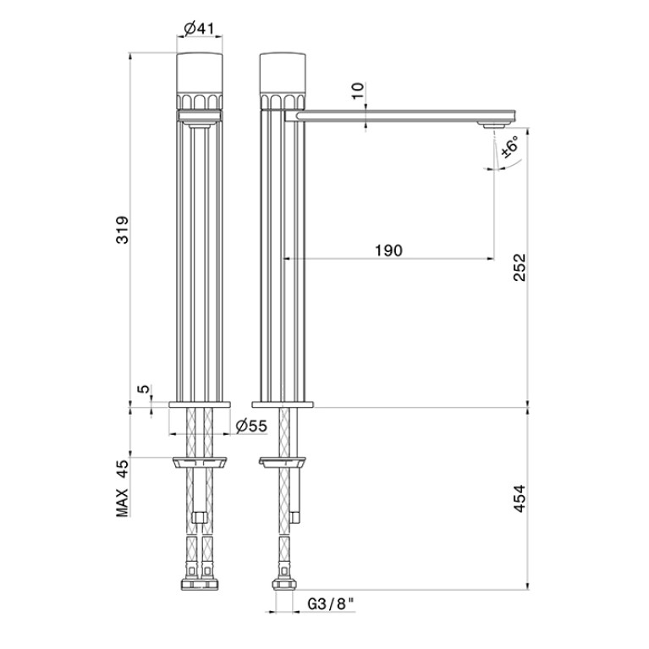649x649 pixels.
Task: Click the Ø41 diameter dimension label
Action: [x=200, y=29]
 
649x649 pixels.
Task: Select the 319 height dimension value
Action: [x=123, y=230]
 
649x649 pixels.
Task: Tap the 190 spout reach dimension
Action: [x=388, y=250]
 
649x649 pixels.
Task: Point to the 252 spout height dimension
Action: [x=519, y=267]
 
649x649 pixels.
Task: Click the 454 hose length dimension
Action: [x=519, y=498]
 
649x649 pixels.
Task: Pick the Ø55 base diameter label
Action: [x=251, y=426]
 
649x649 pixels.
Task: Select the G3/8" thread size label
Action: [x=331, y=604]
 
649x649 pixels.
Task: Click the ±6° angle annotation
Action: [x=510, y=146]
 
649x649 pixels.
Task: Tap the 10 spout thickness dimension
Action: [x=359, y=91]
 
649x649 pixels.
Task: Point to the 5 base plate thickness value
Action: [x=143, y=389]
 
